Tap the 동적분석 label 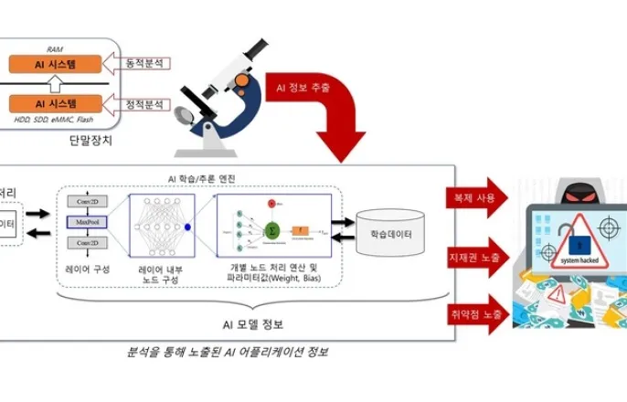[x=147, y=63]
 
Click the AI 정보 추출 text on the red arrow [x=305, y=89]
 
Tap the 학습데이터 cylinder [x=390, y=232]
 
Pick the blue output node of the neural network [x=187, y=227]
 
